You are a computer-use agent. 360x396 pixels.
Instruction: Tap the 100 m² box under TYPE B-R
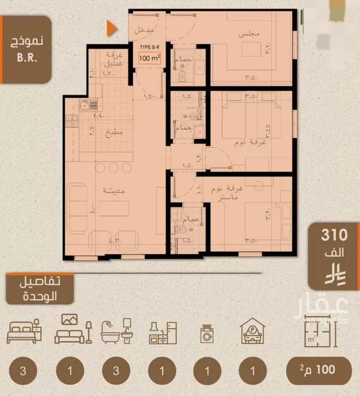(x=149, y=59)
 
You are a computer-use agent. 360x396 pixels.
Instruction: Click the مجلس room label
(x=249, y=35)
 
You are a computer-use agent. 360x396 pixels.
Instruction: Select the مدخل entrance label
(x=144, y=30)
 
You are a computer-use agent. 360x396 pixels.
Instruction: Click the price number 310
(x=335, y=235)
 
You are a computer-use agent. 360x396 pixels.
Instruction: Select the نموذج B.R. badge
(x=25, y=48)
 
